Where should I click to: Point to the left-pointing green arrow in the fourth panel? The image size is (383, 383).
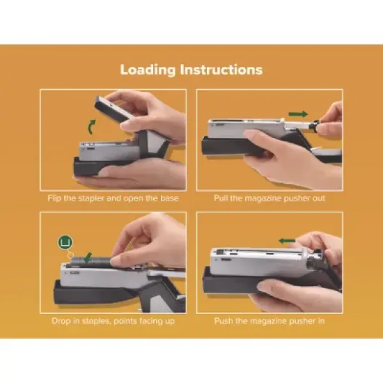[x=287, y=240]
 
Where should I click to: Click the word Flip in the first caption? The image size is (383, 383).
[x=59, y=198]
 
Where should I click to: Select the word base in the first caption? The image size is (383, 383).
[x=169, y=198]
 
